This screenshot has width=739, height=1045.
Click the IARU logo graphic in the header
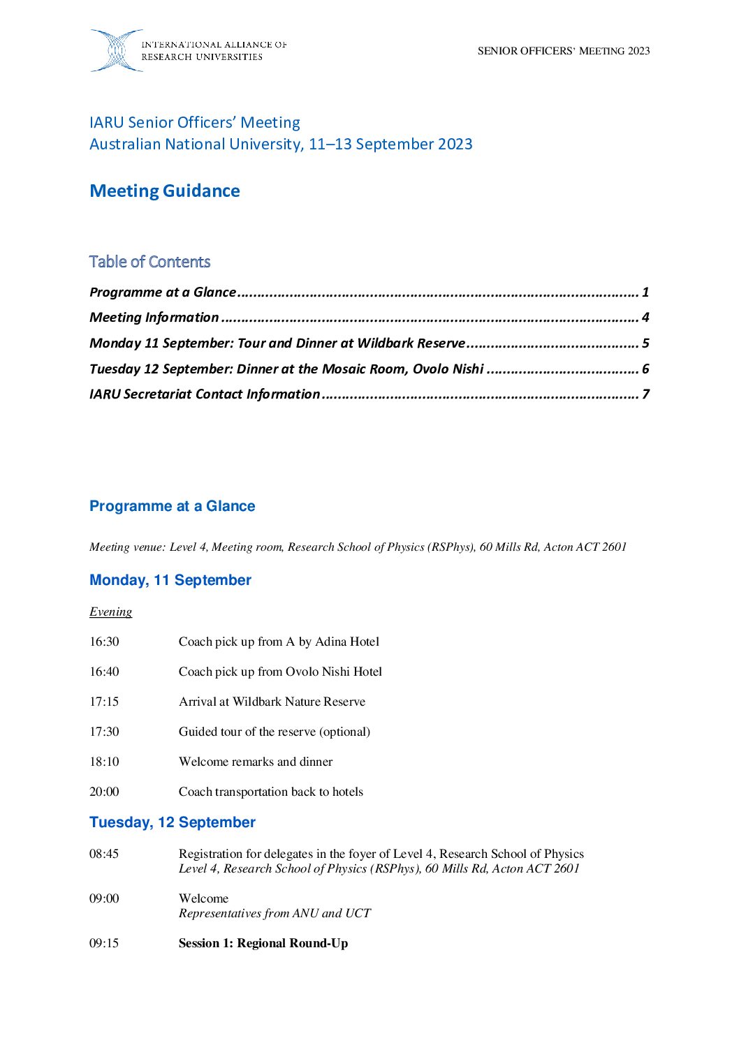[116, 50]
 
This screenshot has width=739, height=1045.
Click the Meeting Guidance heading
[165, 191]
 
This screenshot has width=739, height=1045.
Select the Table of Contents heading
[149, 262]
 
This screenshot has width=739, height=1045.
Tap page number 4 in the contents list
[645, 318]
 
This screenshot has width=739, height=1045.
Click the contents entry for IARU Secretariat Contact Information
[205, 394]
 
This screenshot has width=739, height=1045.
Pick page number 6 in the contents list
[645, 369]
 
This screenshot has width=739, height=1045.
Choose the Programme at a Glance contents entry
[163, 292]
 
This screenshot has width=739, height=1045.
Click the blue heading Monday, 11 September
[170, 580]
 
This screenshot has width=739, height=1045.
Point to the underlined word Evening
[110, 612]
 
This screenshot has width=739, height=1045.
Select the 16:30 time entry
[104, 642]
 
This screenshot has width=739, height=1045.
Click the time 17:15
[104, 702]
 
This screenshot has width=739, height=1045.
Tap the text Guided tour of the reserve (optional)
[275, 732]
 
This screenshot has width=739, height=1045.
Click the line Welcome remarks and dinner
[256, 762]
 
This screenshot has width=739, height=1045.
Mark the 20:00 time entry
[104, 792]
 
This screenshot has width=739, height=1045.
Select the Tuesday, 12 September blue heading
[173, 822]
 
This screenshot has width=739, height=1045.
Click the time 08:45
[104, 854]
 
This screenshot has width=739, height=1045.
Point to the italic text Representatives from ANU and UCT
[275, 913]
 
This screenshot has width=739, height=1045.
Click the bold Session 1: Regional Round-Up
[263, 943]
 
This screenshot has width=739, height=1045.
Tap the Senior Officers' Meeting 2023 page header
[564, 51]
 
